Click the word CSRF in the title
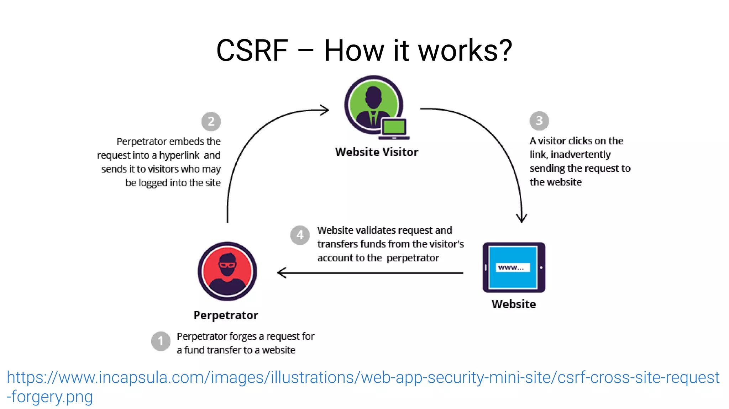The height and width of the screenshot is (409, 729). tap(252, 51)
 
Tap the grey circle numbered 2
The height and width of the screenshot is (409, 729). tap(211, 122)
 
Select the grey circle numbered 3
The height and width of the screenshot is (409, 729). tap(539, 121)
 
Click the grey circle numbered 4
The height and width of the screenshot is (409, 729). tap(300, 235)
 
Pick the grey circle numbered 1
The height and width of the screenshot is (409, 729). tap(161, 341)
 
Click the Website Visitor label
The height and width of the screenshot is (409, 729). tap(376, 152)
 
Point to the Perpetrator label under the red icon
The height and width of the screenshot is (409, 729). tap(226, 315)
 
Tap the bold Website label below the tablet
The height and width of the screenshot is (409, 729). tap(514, 304)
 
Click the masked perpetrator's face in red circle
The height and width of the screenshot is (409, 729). tap(227, 265)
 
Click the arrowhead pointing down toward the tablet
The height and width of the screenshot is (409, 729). tap(521, 218)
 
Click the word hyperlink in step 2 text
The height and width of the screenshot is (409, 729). tap(179, 155)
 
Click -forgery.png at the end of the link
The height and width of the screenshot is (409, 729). tap(50, 397)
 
